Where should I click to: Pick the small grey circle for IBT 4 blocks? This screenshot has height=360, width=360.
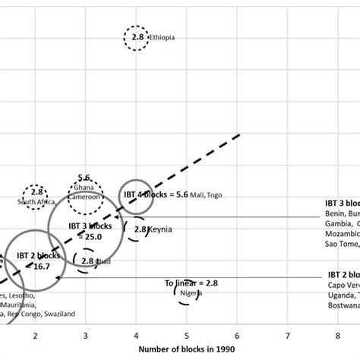pyautogui.click(x=136, y=196)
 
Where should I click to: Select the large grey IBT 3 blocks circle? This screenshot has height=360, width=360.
pyautogui.click(x=85, y=229)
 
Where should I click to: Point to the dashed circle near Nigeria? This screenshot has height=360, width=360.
pyautogui.click(x=185, y=291)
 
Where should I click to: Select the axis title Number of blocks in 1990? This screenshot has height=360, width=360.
pyautogui.click(x=187, y=349)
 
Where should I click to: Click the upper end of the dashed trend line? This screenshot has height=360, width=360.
pyautogui.click(x=238, y=135)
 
